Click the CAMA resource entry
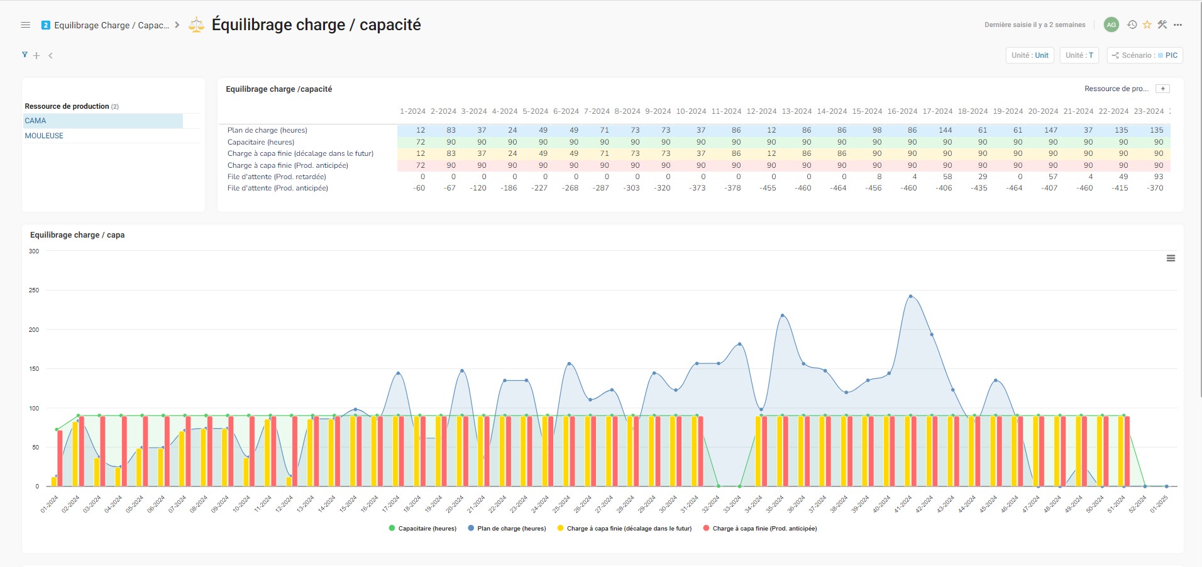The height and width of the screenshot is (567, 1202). click(36, 121)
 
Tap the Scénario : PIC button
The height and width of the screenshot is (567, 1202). click(1145, 55)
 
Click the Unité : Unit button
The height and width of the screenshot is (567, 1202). click(1030, 55)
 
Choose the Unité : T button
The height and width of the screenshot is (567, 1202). click(1079, 55)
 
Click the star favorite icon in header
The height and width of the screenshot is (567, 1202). click(1147, 25)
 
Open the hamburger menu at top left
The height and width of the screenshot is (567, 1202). click(26, 25)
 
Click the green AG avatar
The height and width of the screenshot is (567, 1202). click(1111, 25)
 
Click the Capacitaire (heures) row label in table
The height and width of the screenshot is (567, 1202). click(261, 142)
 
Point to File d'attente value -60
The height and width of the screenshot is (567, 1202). click(419, 188)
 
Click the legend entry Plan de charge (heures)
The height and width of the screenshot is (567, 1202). click(511, 529)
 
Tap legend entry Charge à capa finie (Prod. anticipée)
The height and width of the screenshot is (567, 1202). click(764, 529)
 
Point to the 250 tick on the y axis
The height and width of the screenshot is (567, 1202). click(34, 290)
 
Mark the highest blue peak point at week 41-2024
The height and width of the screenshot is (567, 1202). click(910, 296)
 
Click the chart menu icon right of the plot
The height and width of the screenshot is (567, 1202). click(1171, 258)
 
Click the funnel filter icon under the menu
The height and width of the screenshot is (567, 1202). click(25, 55)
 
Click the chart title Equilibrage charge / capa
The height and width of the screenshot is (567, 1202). click(77, 235)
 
